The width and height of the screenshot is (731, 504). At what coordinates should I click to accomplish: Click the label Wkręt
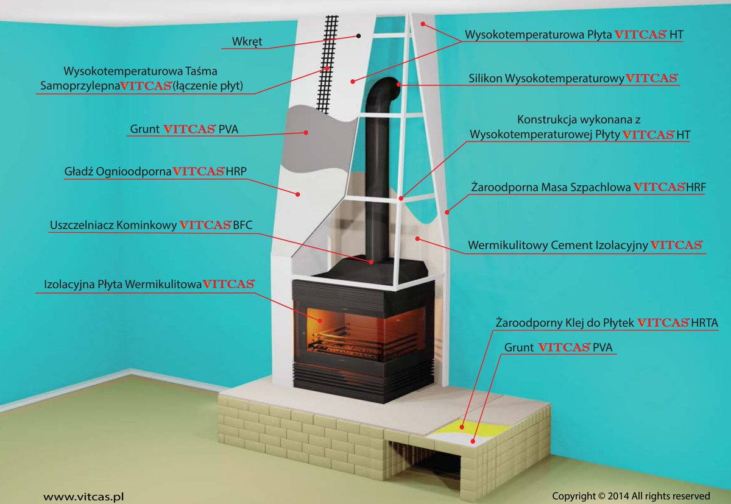(247, 41)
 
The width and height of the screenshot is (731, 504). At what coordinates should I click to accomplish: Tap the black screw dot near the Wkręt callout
(358, 36)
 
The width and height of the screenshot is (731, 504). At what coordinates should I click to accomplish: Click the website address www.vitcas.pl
(83, 497)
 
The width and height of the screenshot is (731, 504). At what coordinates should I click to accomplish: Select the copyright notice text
(631, 496)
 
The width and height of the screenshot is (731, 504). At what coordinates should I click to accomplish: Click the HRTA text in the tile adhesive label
(704, 323)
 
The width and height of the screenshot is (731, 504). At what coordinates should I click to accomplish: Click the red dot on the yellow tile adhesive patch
(462, 427)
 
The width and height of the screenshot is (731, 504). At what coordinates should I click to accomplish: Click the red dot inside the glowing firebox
(320, 321)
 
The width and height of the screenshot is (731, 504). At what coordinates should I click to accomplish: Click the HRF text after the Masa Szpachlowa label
(696, 187)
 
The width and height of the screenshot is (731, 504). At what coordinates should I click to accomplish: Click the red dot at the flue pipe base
(371, 262)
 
